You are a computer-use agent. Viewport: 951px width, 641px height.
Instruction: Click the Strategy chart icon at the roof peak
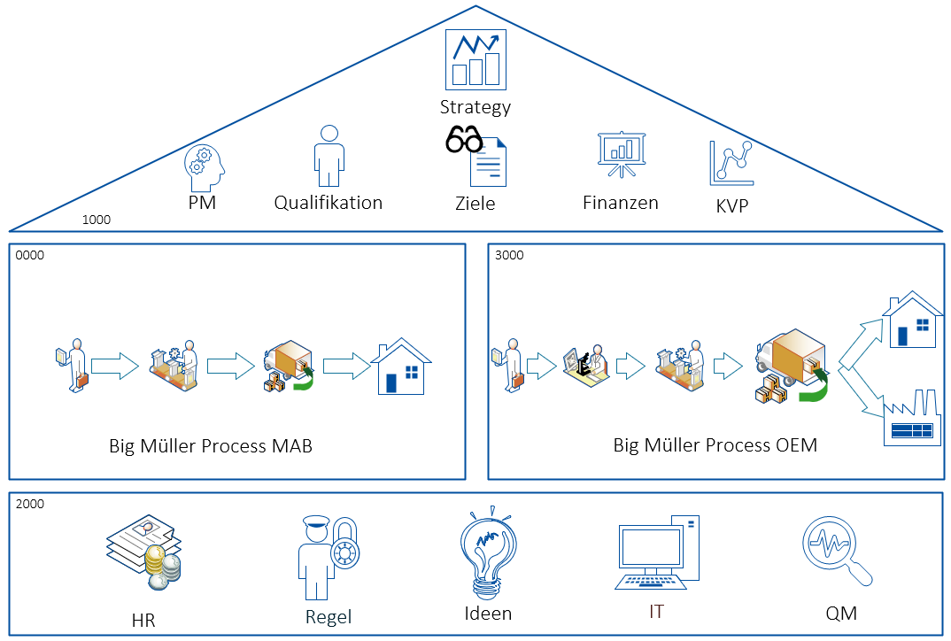[x=475, y=59]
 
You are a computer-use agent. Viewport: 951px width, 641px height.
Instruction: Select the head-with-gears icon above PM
[x=205, y=169]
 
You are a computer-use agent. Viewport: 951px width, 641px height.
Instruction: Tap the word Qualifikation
[x=328, y=203]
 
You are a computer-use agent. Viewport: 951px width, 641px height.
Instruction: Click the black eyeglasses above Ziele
[x=464, y=140]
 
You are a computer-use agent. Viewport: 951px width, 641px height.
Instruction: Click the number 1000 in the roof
[x=96, y=220]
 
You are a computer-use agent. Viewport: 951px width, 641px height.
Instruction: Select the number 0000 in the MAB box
[x=29, y=255]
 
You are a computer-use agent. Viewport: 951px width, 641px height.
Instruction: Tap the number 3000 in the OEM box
[x=509, y=255]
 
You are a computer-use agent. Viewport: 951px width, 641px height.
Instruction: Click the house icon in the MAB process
[x=401, y=366]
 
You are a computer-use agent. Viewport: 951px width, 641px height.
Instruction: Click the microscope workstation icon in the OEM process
[x=586, y=364]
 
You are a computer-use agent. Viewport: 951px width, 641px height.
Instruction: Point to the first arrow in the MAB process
[x=115, y=365]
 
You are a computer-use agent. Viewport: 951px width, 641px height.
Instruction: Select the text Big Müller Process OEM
[x=715, y=445]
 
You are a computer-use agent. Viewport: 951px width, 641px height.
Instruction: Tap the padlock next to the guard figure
[x=344, y=553]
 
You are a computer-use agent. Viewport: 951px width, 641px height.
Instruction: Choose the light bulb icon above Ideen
[x=487, y=552]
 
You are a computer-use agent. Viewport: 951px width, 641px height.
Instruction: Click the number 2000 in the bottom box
[x=29, y=504]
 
